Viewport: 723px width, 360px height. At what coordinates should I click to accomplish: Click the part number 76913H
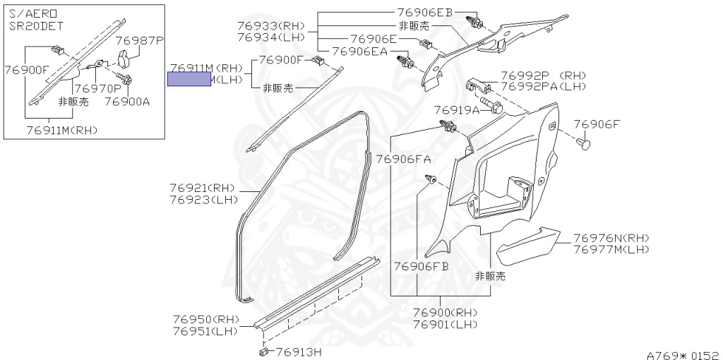click(x=298, y=351)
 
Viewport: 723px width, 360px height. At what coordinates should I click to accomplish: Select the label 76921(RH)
click(x=202, y=188)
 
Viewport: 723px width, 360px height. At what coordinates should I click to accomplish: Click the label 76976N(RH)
click(x=611, y=238)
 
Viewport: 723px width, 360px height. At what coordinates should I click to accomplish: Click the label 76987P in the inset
click(x=139, y=41)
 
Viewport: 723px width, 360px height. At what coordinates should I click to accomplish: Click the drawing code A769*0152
click(x=682, y=354)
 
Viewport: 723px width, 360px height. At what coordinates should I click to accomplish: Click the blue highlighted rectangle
click(x=189, y=78)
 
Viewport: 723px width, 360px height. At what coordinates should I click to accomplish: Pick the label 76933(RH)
click(x=270, y=25)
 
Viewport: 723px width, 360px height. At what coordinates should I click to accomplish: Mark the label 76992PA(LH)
click(x=544, y=86)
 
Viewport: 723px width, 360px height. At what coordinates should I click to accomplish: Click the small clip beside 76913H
click(x=263, y=349)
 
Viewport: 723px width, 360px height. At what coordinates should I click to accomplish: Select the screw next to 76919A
click(x=495, y=109)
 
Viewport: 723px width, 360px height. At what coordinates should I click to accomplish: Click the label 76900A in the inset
click(x=127, y=102)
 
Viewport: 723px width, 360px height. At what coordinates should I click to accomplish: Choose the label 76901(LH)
click(x=446, y=324)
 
